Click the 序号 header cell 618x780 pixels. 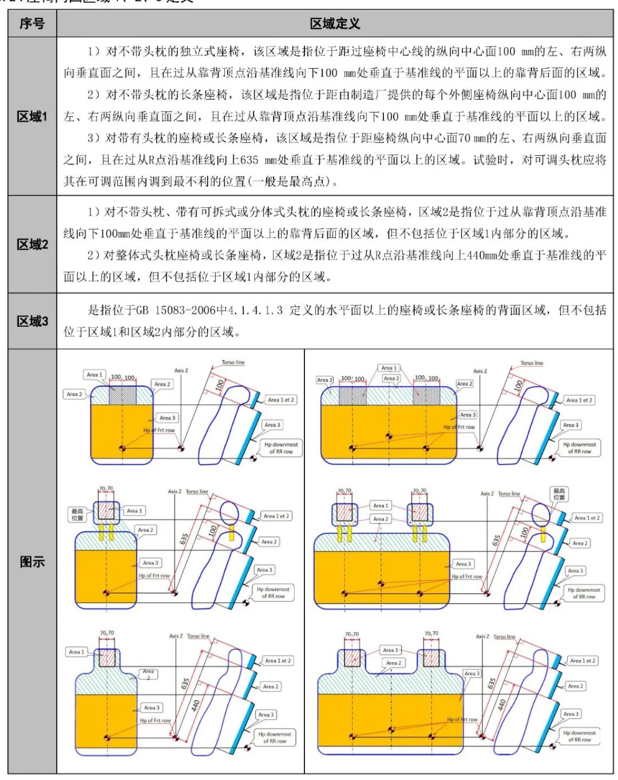(x=32, y=23)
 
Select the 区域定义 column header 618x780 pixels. (x=335, y=23)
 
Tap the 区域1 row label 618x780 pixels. (x=32, y=117)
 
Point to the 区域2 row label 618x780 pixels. (x=32, y=244)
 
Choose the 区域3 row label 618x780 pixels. (x=32, y=321)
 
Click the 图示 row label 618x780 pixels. (x=32, y=562)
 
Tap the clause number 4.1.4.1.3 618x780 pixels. (x=255, y=310)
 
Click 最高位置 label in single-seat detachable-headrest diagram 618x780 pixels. (x=77, y=514)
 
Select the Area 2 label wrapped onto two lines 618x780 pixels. (x=148, y=674)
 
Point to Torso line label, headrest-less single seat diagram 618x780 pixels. (x=233, y=363)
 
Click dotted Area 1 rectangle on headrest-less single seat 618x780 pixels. (x=122, y=395)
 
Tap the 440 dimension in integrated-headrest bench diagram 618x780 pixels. (x=502, y=704)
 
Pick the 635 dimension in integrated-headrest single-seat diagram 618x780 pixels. (x=185, y=684)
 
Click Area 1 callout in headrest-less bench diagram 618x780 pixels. (x=389, y=368)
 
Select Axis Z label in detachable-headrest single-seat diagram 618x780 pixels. (x=175, y=492)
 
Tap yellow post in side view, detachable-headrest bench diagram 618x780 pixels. (x=542, y=534)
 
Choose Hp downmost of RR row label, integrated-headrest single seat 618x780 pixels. (x=275, y=737)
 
